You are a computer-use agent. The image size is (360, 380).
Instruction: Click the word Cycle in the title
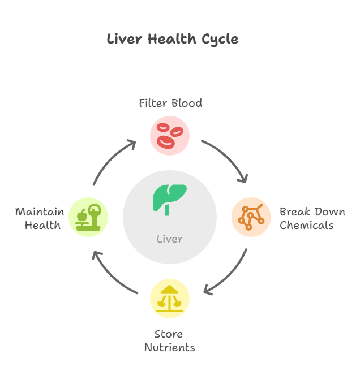[218, 39]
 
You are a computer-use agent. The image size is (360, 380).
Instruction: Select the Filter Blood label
[170, 103]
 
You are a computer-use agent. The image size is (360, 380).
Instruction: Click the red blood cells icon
[170, 136]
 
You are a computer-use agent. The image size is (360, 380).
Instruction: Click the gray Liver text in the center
[169, 239]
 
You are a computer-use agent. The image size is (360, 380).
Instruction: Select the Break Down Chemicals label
[311, 219]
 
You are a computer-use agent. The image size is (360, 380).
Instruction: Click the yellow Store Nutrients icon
[170, 299]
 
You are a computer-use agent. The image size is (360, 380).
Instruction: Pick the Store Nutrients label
[169, 340]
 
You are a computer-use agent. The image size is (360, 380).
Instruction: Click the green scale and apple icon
[88, 217]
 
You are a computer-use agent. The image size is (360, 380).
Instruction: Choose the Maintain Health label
[39, 219]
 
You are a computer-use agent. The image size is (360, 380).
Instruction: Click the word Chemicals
[307, 226]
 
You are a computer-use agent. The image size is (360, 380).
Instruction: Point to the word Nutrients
[169, 347]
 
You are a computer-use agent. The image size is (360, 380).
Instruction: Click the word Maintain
[39, 212]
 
